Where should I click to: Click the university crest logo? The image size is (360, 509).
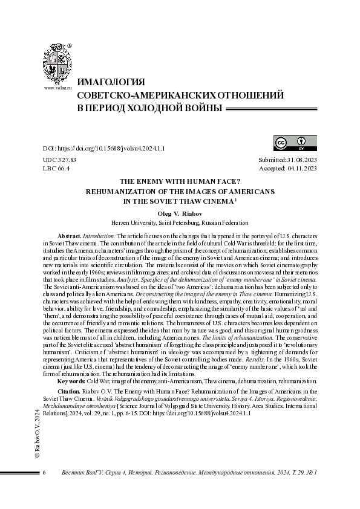pyautogui.click(x=57, y=63)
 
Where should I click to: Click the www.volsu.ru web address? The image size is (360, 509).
pyautogui.click(x=57, y=88)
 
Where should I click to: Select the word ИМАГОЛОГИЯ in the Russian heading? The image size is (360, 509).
pyautogui.click(x=110, y=83)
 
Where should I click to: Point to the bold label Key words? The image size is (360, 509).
pyautogui.click(x=71, y=381)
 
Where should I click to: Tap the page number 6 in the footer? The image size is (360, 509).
pyautogui.click(x=44, y=472)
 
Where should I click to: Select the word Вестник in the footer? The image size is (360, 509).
pyautogui.click(x=74, y=472)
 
